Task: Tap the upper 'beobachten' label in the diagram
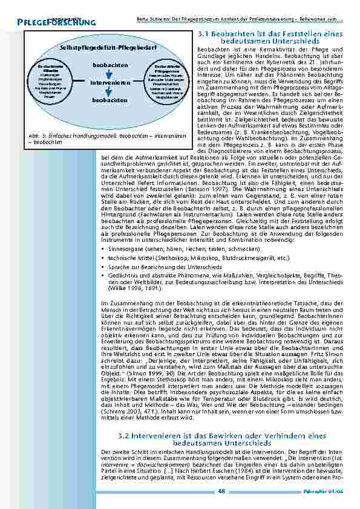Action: tap(110, 64)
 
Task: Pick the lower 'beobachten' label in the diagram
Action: tap(110, 100)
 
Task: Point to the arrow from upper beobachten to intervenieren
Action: tap(110, 73)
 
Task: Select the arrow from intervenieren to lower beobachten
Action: tap(110, 90)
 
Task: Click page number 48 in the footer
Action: tap(221, 491)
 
